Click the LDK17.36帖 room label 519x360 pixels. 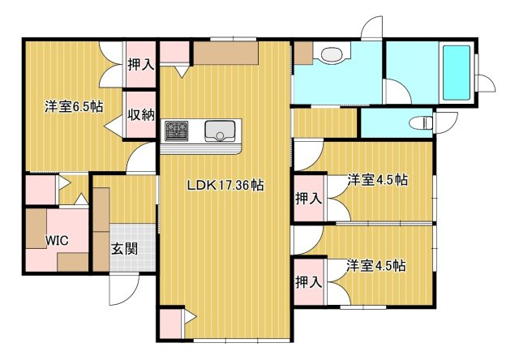[x=225, y=185]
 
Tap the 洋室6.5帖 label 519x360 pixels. [x=72, y=105]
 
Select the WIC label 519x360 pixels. [x=56, y=241]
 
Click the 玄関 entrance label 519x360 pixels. [x=123, y=248]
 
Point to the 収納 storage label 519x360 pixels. [x=140, y=114]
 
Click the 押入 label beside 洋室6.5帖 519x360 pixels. [x=140, y=62]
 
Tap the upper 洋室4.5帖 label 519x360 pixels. [x=377, y=180]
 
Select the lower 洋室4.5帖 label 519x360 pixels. [x=377, y=265]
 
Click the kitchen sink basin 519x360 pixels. [x=220, y=131]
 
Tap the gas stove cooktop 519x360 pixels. [x=177, y=130]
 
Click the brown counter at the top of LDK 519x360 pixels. [x=225, y=53]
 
